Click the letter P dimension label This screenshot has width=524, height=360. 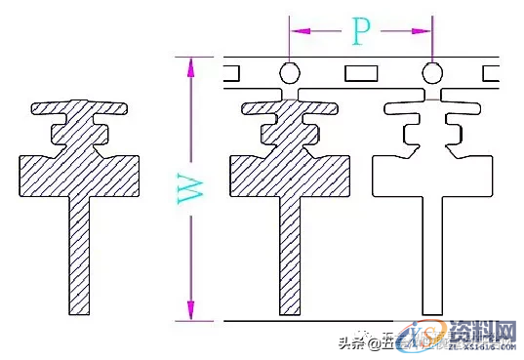(359, 33)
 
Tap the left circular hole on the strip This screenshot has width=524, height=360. (289, 72)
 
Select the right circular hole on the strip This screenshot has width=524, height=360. (431, 72)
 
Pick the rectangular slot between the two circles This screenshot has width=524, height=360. (360, 72)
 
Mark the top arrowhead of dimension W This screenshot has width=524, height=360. (191, 64)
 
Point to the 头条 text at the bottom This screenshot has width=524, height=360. (350, 341)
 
